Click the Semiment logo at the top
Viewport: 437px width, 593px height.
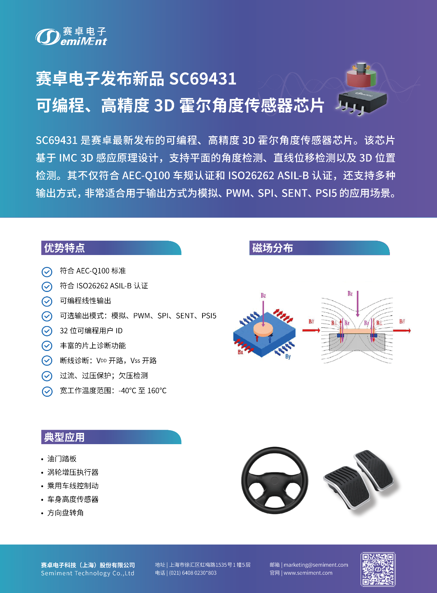[x=71, y=37]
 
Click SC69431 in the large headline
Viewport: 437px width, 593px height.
[x=202, y=79]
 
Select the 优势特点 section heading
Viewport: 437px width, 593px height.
[x=65, y=248]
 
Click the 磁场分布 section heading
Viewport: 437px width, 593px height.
[x=272, y=248]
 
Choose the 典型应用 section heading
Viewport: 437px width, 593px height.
[x=65, y=437]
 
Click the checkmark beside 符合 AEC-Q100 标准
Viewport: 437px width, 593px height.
[x=47, y=272]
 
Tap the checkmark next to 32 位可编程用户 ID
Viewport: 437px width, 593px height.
[x=47, y=331]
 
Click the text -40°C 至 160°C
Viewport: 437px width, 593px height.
[x=143, y=391]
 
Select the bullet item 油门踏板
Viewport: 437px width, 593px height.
[x=62, y=459]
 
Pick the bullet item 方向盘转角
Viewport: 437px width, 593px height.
[x=66, y=513]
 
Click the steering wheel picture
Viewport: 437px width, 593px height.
[x=274, y=480]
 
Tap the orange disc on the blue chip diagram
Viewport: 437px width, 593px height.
[x=263, y=329]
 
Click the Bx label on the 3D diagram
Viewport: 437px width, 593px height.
[x=240, y=352]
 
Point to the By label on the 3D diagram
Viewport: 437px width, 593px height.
[x=288, y=356]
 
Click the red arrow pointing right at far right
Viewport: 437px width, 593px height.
[x=402, y=330]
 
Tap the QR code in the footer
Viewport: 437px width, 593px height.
[x=378, y=569]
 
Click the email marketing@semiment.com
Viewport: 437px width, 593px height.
[x=316, y=565]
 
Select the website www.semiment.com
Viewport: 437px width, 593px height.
[x=308, y=573]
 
